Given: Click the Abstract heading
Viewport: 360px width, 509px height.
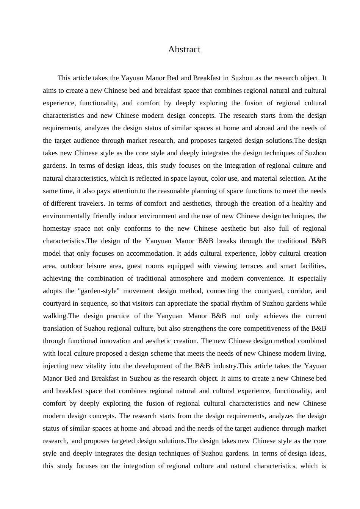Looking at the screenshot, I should point(184,49).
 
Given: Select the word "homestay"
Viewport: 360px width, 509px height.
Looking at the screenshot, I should point(56,228).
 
